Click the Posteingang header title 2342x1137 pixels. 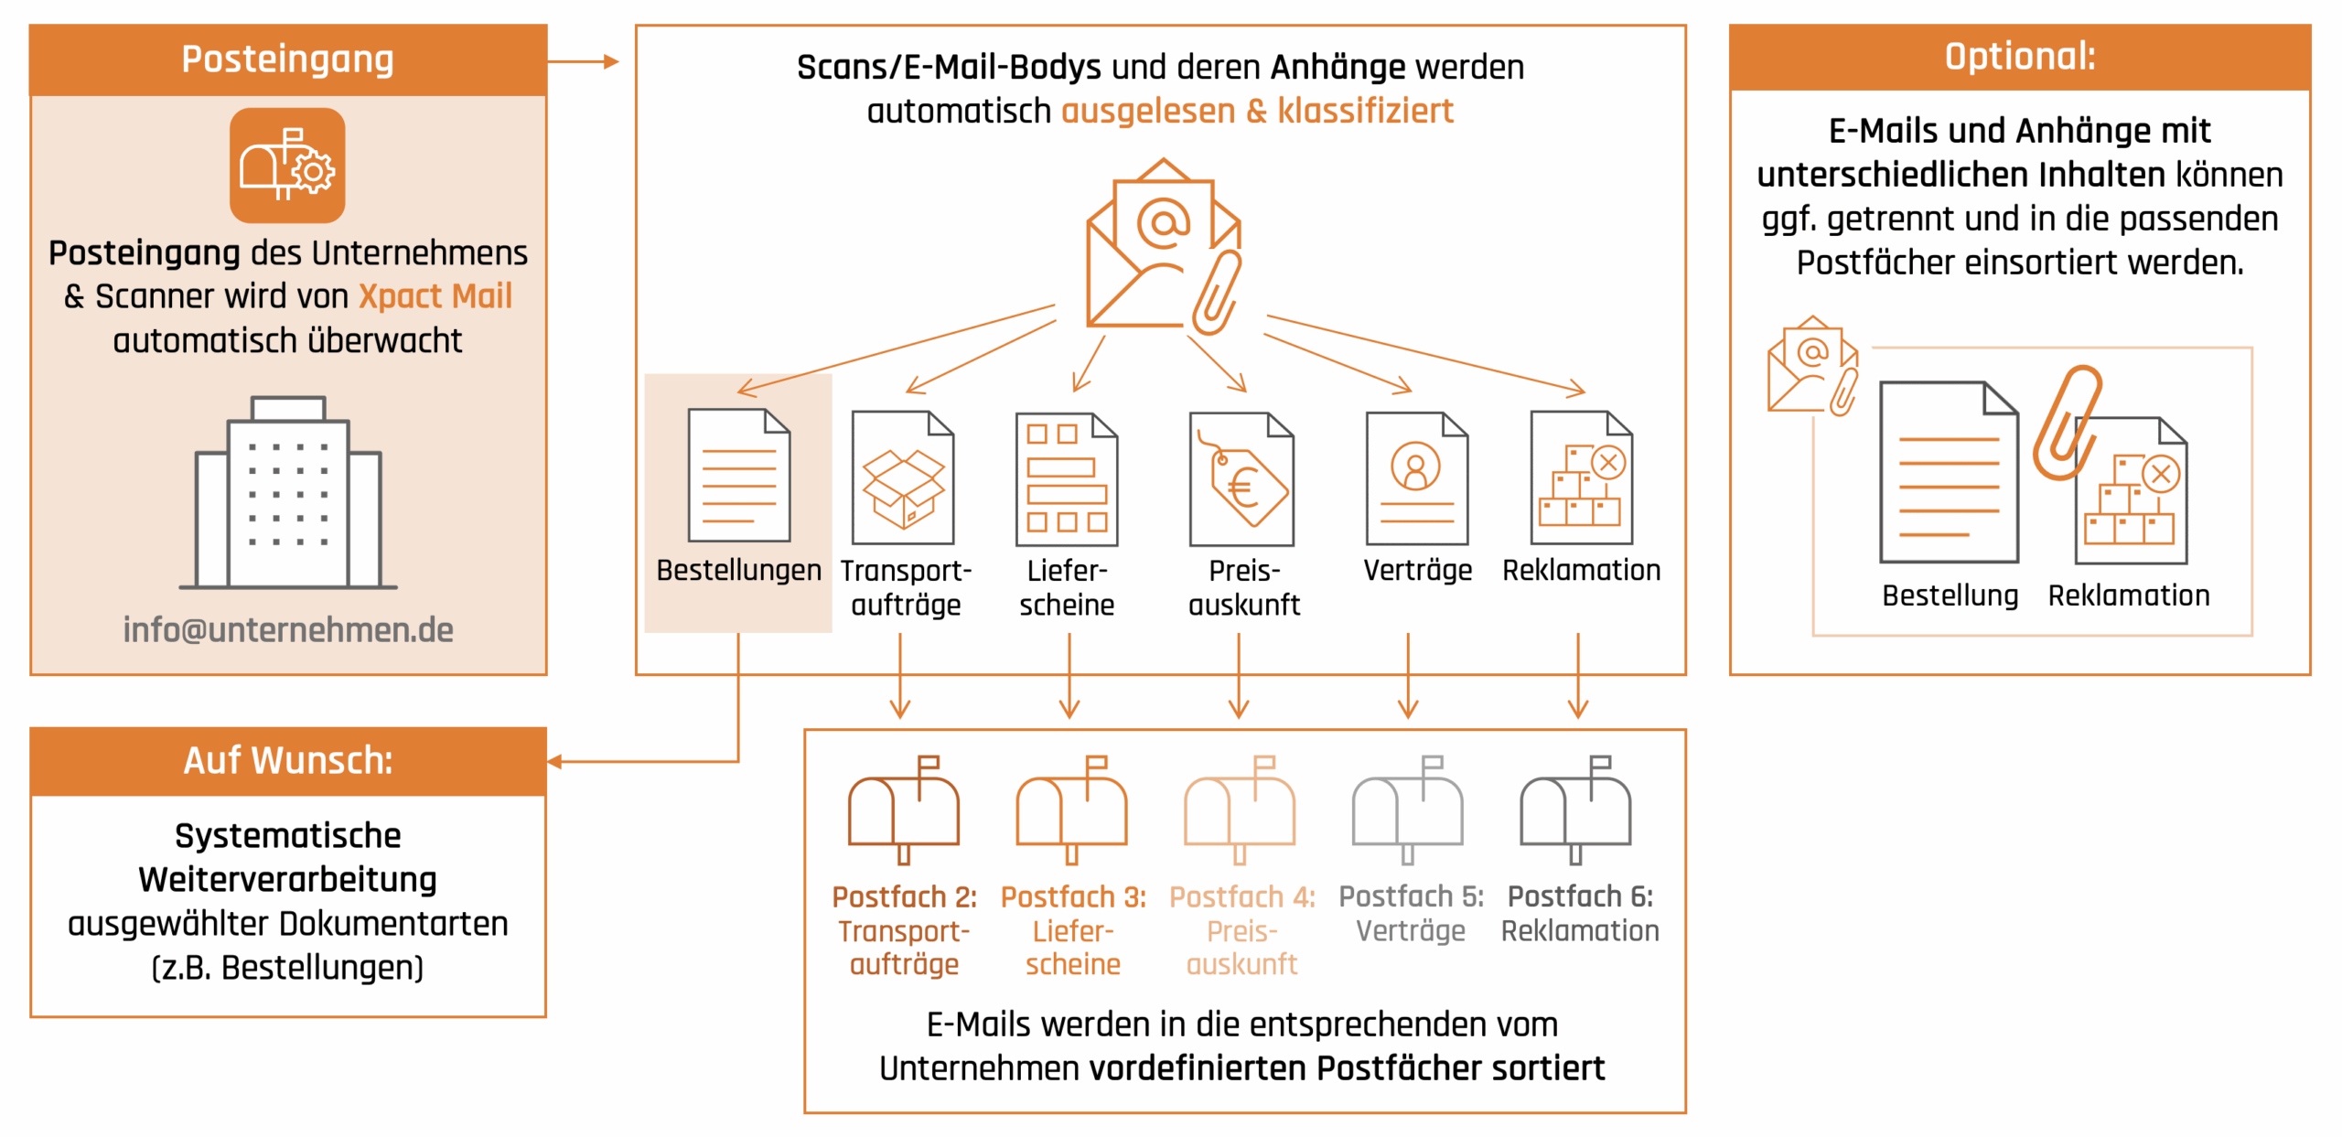point(287,59)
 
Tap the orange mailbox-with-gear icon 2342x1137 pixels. point(287,166)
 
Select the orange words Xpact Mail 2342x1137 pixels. point(435,296)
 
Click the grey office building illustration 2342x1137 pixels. point(288,494)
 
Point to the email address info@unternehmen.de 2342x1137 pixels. point(288,630)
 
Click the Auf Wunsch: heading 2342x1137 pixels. point(288,761)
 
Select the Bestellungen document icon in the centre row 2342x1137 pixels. point(738,476)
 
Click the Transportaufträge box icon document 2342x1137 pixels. point(903,478)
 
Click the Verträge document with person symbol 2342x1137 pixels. point(1416,478)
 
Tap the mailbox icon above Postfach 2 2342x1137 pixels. point(904,810)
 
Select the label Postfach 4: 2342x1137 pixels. point(1241,897)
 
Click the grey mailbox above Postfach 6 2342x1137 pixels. point(1575,810)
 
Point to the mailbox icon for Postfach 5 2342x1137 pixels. point(1408,810)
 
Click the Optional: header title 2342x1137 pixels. point(2020,57)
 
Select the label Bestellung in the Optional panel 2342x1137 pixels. point(1950,596)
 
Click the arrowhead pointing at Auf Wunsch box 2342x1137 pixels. point(554,761)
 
